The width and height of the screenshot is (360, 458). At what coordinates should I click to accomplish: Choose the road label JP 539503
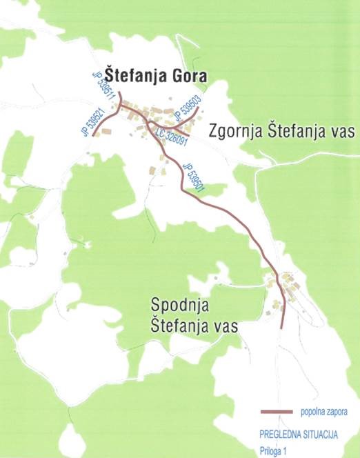186,109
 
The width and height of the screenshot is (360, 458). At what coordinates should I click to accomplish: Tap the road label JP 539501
194,177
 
